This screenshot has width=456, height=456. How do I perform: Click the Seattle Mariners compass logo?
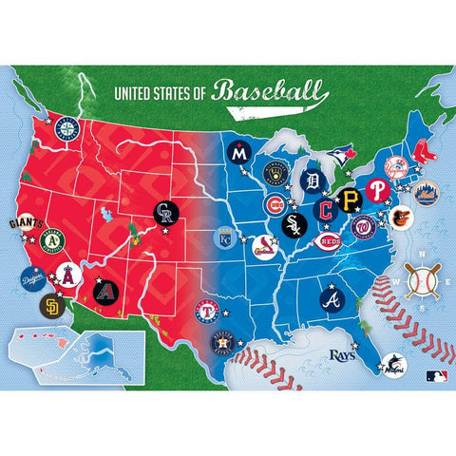pyautogui.click(x=66, y=128)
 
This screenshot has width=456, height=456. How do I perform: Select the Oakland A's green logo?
pyautogui.click(x=55, y=244)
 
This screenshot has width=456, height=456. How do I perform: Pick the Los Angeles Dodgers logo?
pyautogui.click(x=35, y=280)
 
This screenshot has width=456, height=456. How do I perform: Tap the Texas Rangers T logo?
pyautogui.click(x=206, y=311)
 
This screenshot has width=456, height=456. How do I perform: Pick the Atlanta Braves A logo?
pyautogui.click(x=332, y=298)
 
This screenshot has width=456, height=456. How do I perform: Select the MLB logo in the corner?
pyautogui.click(x=436, y=376)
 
